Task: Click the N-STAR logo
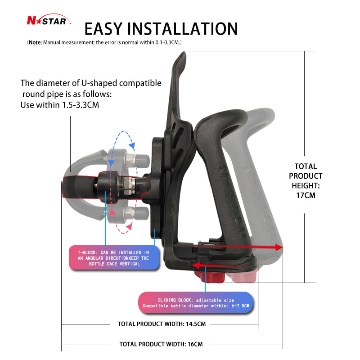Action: [x=49, y=20]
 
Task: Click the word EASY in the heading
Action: [x=103, y=29]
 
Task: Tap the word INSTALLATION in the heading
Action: [x=182, y=29]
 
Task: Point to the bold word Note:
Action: [x=36, y=42]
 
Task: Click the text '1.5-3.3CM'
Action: [x=81, y=105]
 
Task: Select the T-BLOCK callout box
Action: [x=114, y=258]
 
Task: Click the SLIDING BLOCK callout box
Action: [x=196, y=303]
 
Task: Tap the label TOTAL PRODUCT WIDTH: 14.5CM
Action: [x=162, y=324]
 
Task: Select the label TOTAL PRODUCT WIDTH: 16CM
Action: [x=161, y=344]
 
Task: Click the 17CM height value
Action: [x=306, y=195]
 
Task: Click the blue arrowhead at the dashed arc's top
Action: [x=132, y=145]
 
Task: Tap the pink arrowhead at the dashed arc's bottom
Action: [x=129, y=227]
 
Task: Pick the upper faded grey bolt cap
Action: [x=142, y=161]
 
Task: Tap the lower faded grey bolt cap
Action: [x=142, y=213]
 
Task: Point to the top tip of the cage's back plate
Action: [x=184, y=53]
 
